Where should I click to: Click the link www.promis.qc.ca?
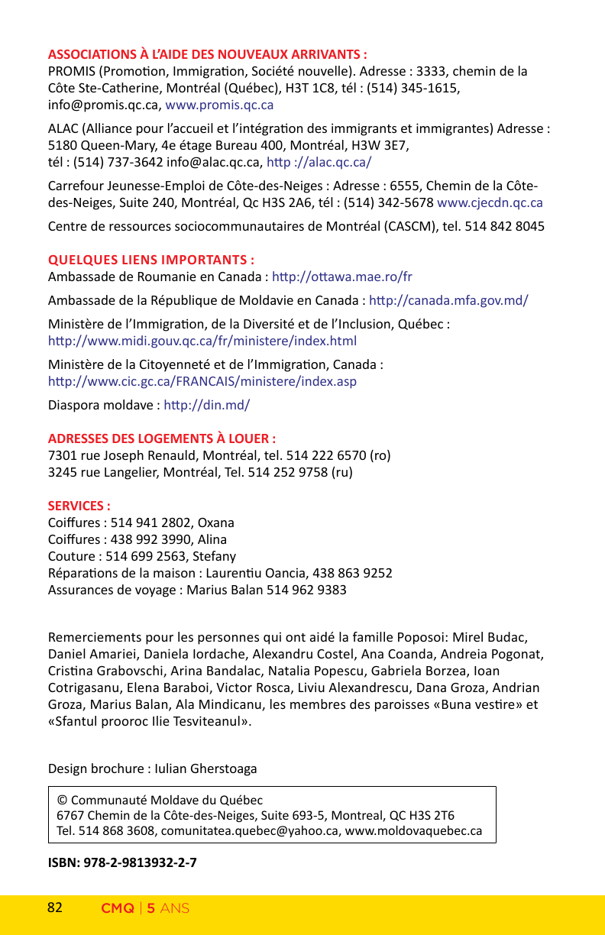coord(219,105)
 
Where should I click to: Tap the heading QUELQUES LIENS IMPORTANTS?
coord(151,258)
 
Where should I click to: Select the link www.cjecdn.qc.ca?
coord(490,203)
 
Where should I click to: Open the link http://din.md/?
coord(207,405)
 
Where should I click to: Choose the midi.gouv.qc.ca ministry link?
coord(202,341)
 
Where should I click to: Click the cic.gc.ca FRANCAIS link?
coord(202,381)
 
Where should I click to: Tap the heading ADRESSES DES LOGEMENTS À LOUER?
coord(162,438)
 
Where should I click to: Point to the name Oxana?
coord(216,523)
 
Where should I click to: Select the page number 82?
coord(55,908)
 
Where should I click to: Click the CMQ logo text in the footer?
coord(118,909)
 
